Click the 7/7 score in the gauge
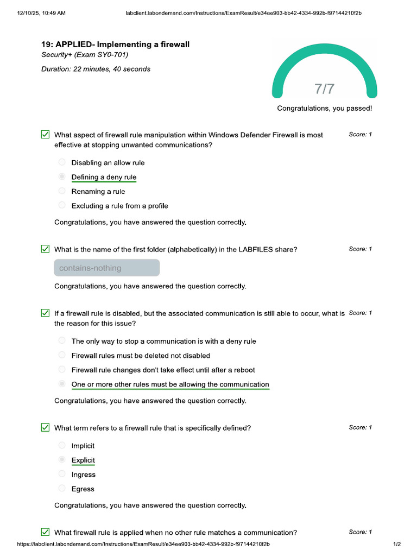click(325, 89)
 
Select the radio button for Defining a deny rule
click(62, 177)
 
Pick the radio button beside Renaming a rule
click(62, 191)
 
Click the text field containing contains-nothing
click(107, 268)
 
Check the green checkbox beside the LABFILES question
click(46, 249)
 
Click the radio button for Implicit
click(62, 445)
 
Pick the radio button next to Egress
click(62, 489)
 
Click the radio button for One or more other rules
click(62, 384)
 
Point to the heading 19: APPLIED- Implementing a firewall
click(116, 45)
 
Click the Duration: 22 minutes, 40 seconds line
click(96, 69)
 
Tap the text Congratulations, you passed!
click(325, 109)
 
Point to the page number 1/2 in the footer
click(397, 544)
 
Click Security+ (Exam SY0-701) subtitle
click(85, 55)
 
